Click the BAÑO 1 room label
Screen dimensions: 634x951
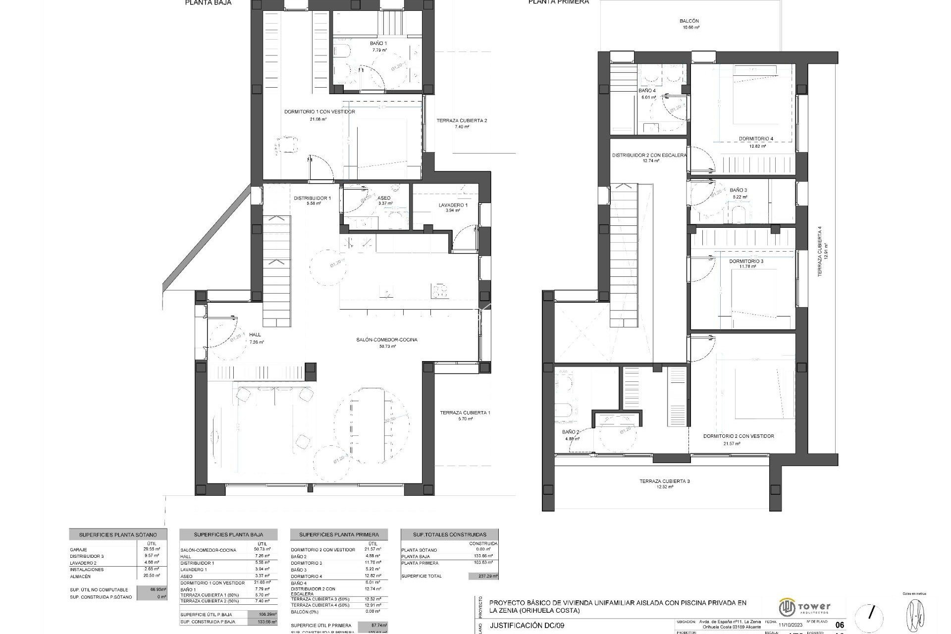[x=378, y=44]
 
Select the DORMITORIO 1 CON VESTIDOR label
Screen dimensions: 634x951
[x=319, y=112]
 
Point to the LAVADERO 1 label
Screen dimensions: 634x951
[x=453, y=205]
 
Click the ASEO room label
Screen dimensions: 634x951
[x=384, y=198]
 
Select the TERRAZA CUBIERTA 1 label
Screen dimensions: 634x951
[x=465, y=413]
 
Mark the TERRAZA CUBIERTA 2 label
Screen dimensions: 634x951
[x=462, y=120]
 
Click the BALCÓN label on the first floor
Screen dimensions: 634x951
[x=689, y=21]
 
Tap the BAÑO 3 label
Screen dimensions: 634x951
[x=738, y=190]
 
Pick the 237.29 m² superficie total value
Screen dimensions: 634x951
[x=483, y=576]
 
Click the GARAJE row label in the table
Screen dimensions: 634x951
[x=79, y=550]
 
